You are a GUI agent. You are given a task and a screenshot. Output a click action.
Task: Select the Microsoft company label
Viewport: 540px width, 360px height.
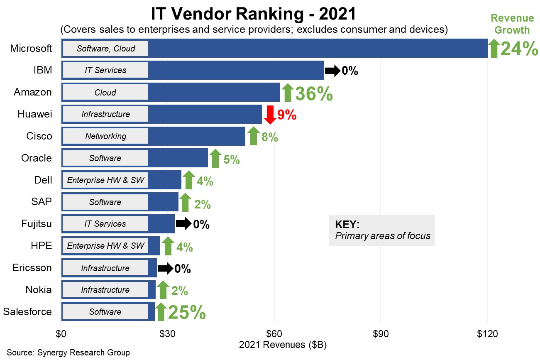point(31,48)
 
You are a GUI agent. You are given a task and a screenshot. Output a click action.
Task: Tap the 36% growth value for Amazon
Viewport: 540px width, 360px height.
point(314,93)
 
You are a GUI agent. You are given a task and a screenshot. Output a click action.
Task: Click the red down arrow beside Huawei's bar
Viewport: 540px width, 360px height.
point(270,115)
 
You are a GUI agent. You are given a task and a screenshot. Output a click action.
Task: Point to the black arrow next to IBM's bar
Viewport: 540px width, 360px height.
point(332,71)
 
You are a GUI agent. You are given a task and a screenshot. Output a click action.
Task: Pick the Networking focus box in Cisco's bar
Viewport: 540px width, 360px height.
point(105,136)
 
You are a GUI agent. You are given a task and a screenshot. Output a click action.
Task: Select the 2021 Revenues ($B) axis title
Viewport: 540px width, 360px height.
point(283,345)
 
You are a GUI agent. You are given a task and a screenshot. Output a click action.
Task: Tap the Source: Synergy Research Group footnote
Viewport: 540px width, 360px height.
point(68,353)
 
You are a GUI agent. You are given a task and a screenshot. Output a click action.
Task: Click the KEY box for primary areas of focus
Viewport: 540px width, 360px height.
point(381,230)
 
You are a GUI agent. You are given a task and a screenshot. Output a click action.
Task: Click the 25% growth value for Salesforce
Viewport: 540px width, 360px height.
point(186,313)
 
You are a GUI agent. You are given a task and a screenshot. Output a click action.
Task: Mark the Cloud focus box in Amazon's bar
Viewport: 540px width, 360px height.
point(105,92)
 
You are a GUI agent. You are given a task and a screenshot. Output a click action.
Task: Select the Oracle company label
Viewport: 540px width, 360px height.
point(37,158)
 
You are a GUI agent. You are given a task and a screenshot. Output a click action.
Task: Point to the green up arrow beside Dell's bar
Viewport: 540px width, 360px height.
point(188,180)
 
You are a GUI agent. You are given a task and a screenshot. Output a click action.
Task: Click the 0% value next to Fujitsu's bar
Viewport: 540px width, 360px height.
point(201,225)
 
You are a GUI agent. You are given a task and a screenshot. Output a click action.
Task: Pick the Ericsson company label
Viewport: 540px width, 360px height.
point(32,268)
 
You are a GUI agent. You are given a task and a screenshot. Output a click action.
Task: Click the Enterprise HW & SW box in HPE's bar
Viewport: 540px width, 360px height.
point(105,246)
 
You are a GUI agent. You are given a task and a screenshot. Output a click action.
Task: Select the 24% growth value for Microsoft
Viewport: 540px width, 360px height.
point(519,49)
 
